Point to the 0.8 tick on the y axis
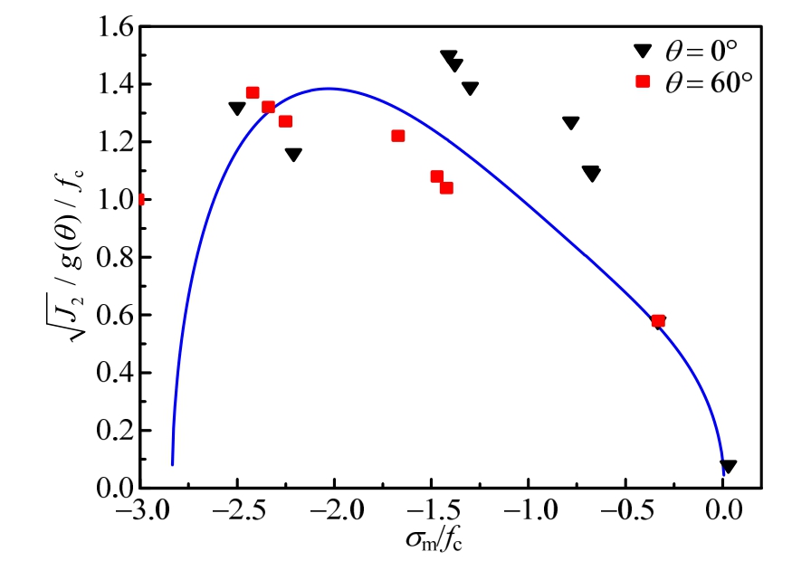pos(113,258)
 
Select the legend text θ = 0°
pos(705,53)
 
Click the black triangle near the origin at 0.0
pos(728,466)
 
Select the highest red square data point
pos(253,92)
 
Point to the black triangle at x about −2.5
pos(237,109)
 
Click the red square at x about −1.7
pos(397,136)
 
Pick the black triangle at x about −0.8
pos(570,123)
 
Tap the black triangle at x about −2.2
pos(293,155)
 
